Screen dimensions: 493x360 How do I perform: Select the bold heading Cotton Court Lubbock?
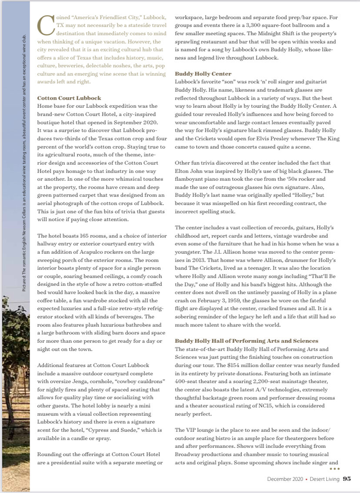tap(69, 98)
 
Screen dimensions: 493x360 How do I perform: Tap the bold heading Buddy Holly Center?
tap(203, 74)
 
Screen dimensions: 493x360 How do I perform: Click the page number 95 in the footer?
tap(347, 479)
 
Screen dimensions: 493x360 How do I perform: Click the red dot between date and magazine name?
tap(306, 479)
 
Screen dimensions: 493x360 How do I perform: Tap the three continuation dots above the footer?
tap(334, 469)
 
